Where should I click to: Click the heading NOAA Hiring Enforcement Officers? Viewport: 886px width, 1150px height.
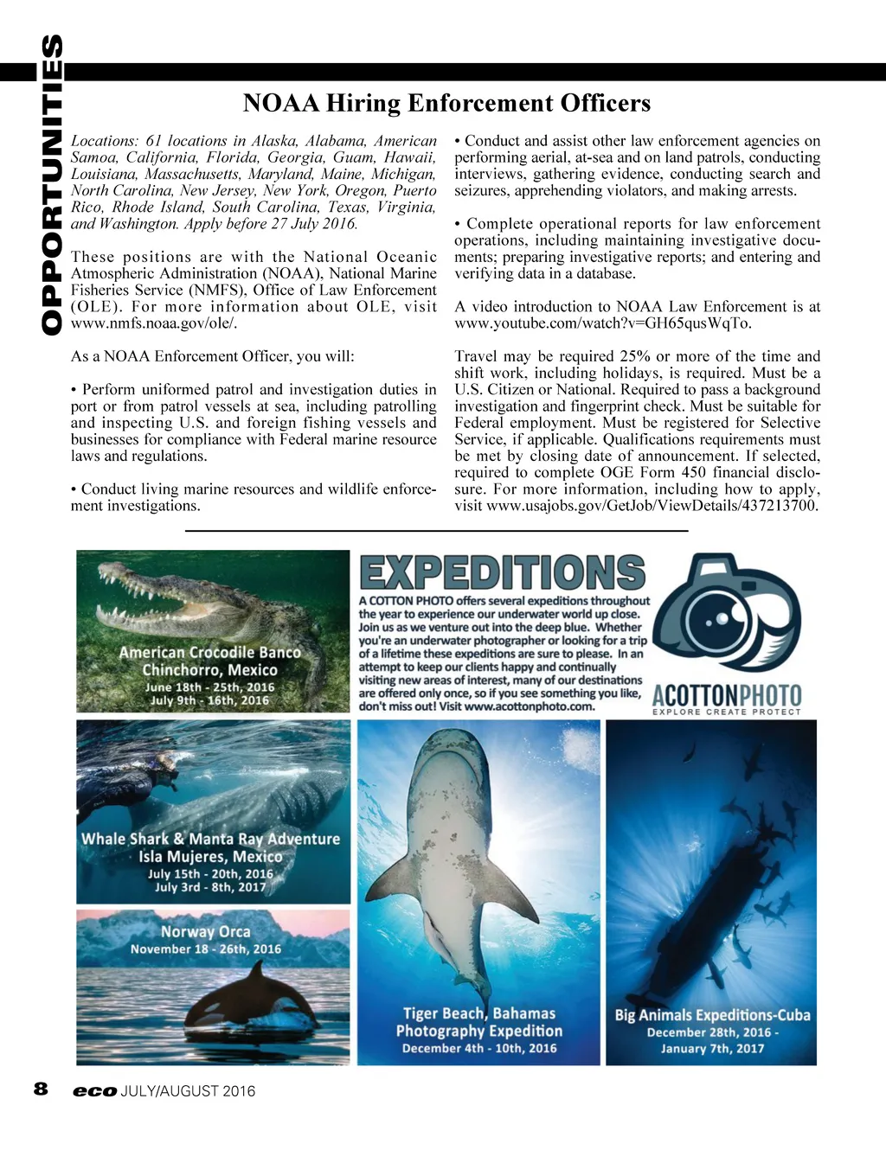point(446,103)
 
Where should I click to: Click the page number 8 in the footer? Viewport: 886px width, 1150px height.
point(41,1089)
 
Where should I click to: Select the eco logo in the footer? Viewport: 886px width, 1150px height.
point(94,1091)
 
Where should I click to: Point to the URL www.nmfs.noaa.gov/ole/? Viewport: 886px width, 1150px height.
point(154,323)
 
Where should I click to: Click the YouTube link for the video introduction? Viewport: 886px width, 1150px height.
point(603,323)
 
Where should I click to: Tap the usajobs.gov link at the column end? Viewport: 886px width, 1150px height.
point(652,506)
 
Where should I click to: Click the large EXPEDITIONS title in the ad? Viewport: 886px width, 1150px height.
point(502,572)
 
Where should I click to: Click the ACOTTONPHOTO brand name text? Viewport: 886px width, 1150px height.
point(726,695)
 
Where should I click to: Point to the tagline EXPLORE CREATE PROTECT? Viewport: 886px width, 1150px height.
point(726,712)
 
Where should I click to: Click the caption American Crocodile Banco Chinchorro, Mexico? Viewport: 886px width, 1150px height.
point(210,661)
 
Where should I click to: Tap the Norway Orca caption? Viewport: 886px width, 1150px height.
point(206,932)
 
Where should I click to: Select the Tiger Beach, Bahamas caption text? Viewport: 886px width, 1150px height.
point(479,1013)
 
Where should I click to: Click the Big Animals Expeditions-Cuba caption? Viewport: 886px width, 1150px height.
point(712,1015)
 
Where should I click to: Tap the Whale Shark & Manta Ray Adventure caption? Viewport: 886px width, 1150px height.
point(210,839)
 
